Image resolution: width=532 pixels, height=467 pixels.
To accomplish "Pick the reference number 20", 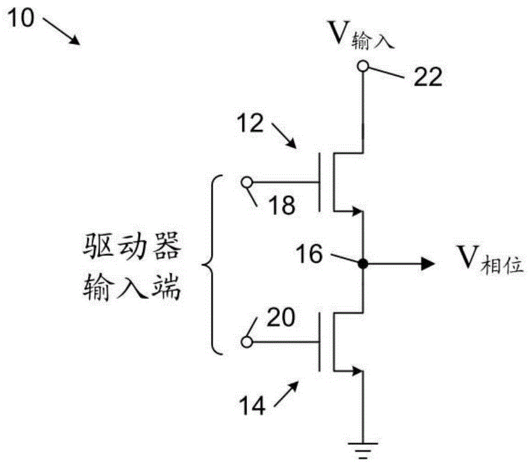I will tap(281, 318).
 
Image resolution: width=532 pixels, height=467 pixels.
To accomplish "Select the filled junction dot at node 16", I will tap(362, 264).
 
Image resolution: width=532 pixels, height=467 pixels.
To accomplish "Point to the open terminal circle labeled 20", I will tap(246, 342).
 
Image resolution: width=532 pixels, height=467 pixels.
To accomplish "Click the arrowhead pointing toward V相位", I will tap(428, 264).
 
